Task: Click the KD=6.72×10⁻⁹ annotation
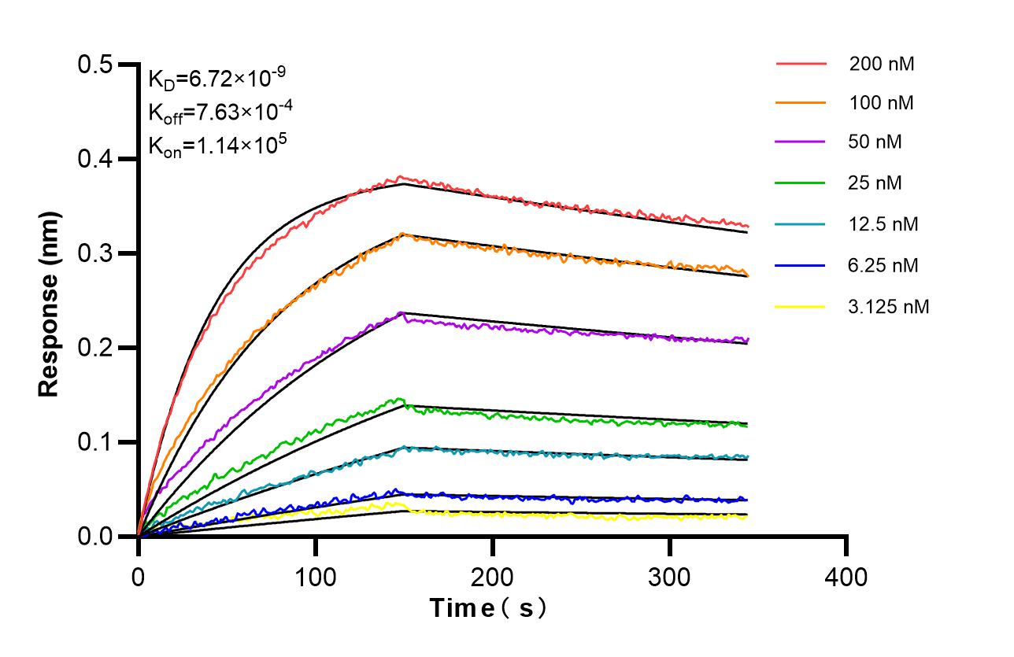click(x=216, y=78)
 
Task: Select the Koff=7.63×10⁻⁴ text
click(x=221, y=111)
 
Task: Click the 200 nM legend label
click(x=881, y=65)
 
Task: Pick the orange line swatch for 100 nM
click(x=801, y=103)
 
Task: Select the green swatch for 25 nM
click(x=801, y=184)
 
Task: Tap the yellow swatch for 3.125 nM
click(x=801, y=306)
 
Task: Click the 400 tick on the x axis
click(x=846, y=578)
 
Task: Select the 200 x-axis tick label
click(x=492, y=578)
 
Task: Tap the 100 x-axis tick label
click(x=315, y=578)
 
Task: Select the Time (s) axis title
click(x=487, y=608)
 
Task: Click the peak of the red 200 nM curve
click(x=401, y=177)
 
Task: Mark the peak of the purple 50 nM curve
click(x=402, y=313)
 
